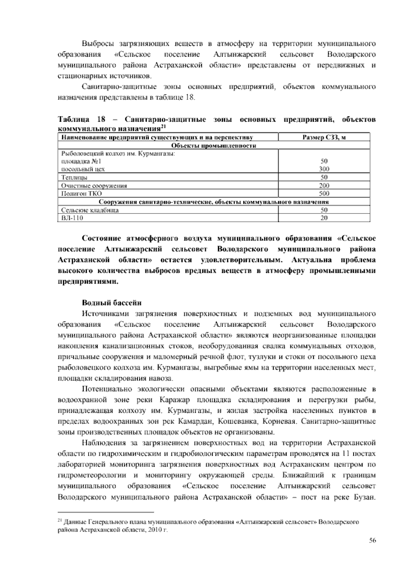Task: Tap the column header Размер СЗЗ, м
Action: point(324,137)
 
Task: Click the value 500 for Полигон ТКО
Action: point(324,194)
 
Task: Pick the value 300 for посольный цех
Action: point(324,169)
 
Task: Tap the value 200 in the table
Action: point(324,185)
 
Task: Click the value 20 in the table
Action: point(324,218)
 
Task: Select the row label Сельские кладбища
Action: point(90,210)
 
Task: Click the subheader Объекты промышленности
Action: point(214,146)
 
